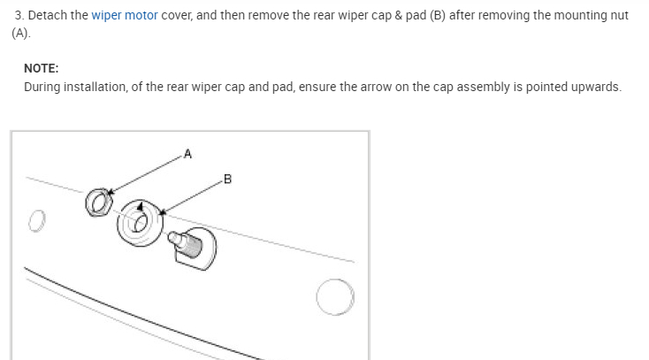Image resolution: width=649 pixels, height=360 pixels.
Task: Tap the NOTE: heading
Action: point(42,67)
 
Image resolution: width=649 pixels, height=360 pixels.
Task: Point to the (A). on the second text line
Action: point(21,33)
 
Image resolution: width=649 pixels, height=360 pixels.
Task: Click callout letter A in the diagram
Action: point(187,154)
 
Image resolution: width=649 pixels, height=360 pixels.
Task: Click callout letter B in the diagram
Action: point(227,180)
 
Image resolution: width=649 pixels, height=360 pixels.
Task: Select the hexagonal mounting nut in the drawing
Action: point(98,202)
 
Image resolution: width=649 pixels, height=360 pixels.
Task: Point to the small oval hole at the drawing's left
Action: point(35,218)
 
